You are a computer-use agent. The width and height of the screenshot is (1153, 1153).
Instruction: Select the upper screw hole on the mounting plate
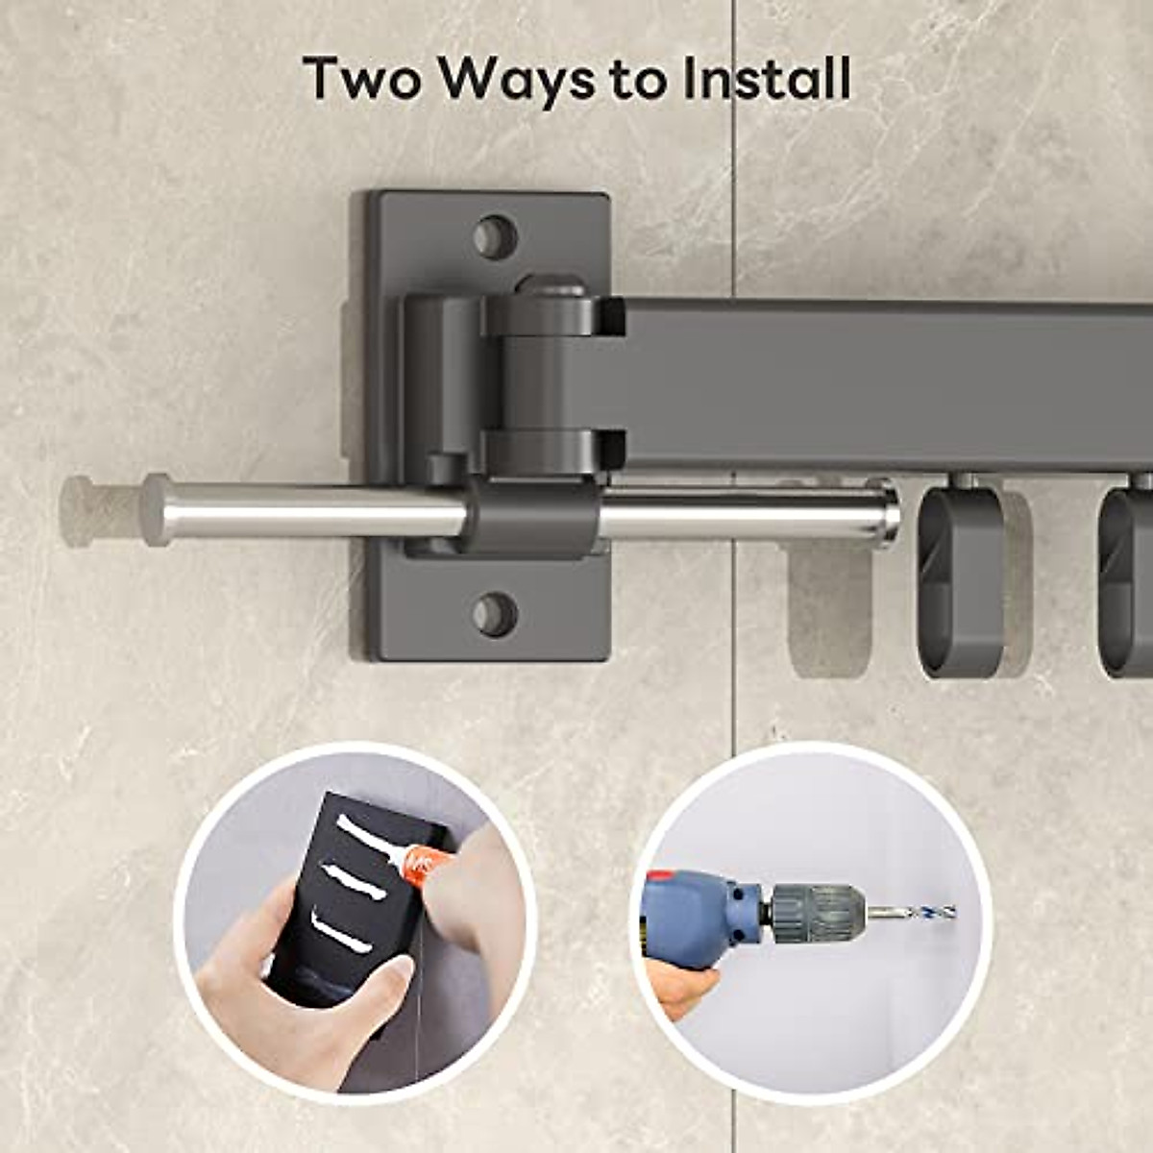pyautogui.click(x=495, y=236)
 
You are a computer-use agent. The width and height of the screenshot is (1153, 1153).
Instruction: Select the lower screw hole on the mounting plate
pyautogui.click(x=495, y=613)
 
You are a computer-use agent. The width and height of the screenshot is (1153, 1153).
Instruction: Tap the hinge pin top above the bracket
pyautogui.click(x=550, y=285)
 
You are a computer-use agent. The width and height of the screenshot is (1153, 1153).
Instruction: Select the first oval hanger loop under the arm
pyautogui.click(x=961, y=581)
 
